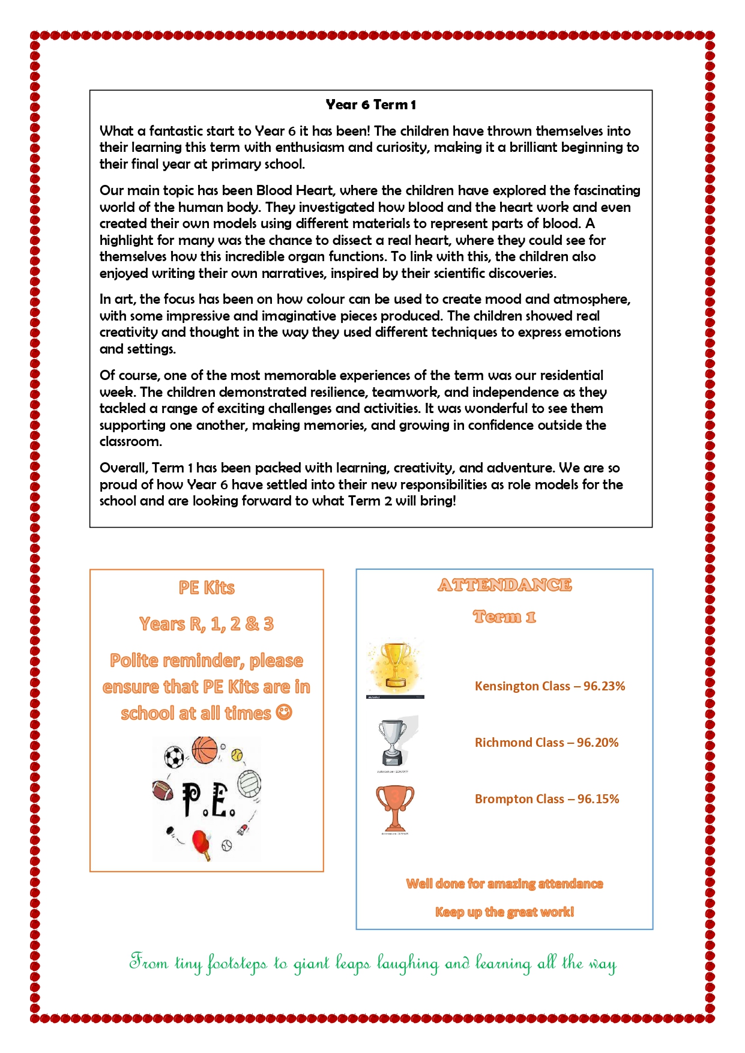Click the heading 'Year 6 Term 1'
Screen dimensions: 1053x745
370,105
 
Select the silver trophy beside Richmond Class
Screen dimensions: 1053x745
393,742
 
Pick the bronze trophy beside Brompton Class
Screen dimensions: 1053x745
394,807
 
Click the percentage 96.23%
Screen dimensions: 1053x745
604,686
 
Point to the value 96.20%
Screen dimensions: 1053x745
597,743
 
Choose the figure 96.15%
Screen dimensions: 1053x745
598,799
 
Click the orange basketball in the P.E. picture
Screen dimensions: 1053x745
205,750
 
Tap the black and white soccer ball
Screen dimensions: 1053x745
174,757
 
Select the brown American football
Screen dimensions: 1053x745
163,790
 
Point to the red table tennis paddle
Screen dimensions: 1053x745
201,842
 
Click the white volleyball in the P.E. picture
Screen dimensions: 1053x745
249,783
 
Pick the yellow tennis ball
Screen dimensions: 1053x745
237,754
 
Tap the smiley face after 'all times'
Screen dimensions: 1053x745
284,713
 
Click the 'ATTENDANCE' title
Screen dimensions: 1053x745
504,585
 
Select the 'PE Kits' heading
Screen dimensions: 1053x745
207,588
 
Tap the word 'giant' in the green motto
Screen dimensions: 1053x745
311,964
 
